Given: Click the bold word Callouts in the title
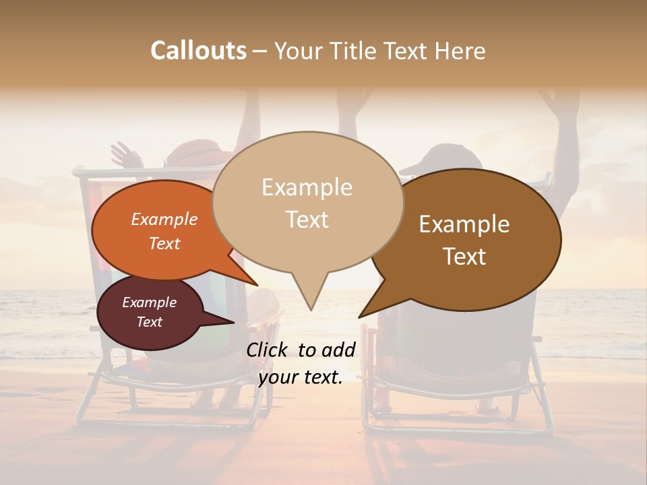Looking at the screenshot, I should click(x=198, y=51).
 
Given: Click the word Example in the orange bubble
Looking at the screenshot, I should click(x=164, y=220).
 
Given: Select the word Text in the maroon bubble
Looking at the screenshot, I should click(x=150, y=322).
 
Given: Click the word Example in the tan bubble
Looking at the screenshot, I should click(x=307, y=187).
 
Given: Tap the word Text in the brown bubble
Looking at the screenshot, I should click(x=464, y=257).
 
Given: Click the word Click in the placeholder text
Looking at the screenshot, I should click(x=268, y=350).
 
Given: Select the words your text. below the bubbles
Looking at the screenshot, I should click(x=300, y=377).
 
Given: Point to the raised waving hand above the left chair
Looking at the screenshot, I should click(x=125, y=155).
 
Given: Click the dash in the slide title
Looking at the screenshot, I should click(x=261, y=51).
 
